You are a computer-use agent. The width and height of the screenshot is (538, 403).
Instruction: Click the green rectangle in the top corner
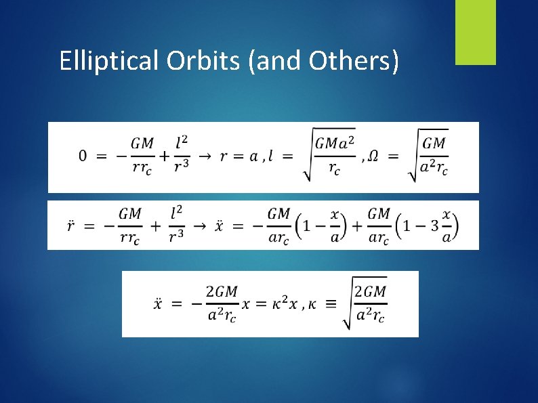pyautogui.click(x=475, y=32)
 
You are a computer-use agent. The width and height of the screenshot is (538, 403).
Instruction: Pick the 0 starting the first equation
pyautogui.click(x=83, y=156)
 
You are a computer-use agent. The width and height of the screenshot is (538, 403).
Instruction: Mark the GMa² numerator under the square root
pyautogui.click(x=335, y=144)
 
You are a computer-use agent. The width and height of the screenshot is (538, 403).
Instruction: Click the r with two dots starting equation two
pyautogui.click(x=70, y=225)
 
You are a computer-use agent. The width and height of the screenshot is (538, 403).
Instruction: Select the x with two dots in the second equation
pyautogui.click(x=219, y=225)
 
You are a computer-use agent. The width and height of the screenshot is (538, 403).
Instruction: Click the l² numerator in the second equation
pyautogui.click(x=176, y=213)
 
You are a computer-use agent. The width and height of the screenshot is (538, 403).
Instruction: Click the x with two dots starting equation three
pyautogui.click(x=158, y=304)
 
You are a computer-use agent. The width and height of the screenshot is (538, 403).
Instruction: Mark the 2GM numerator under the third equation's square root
pyautogui.click(x=370, y=291)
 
